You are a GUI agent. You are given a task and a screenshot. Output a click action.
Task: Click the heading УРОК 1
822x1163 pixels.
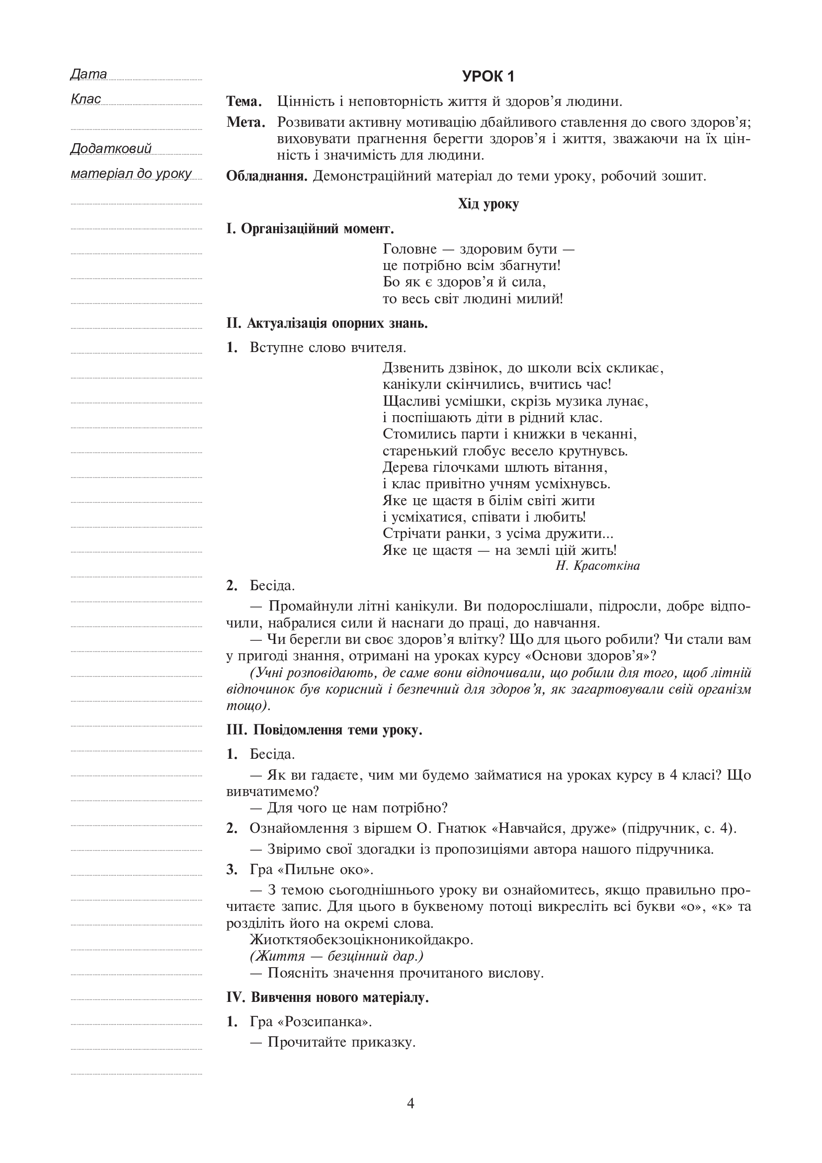488,77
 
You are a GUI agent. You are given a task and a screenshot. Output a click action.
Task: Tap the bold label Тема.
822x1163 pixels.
244,102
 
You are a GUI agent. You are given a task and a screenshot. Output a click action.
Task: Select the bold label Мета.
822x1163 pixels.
246,123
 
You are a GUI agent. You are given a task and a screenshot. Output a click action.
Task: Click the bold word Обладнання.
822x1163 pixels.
267,177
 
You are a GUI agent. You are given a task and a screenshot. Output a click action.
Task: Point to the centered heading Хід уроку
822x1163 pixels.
488,204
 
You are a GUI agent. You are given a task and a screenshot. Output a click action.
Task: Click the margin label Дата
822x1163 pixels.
88,74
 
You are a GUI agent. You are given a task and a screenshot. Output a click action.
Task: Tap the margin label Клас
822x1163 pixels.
85,99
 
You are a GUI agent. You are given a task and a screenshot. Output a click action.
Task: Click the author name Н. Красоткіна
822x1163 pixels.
597,566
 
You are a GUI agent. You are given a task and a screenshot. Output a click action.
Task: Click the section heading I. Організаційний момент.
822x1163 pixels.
310,229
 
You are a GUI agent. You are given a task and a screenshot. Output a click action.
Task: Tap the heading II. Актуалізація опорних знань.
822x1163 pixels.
327,323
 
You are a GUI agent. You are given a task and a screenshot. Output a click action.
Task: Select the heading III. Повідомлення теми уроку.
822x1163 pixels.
324,730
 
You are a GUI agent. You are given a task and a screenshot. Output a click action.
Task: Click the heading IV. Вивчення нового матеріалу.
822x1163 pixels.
327,998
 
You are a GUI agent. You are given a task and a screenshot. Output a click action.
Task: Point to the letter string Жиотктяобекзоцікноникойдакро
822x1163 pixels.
361,940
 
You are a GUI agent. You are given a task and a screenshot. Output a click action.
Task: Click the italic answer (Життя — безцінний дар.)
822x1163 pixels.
336,956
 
